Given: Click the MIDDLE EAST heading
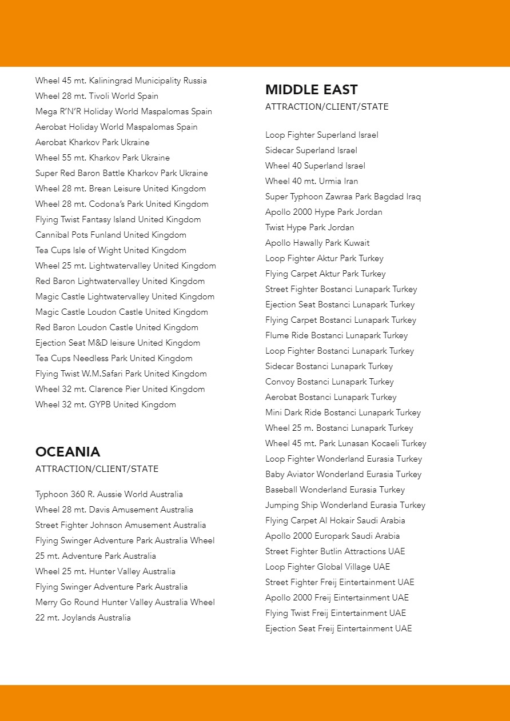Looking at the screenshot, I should [311, 90].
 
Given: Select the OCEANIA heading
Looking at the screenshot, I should [67, 452].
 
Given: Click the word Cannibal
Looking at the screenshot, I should [52, 235].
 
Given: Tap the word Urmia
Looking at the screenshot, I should [331, 182].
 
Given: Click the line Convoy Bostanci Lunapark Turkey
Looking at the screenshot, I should [329, 382].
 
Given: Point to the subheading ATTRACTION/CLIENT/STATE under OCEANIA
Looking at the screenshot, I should [97, 469].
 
